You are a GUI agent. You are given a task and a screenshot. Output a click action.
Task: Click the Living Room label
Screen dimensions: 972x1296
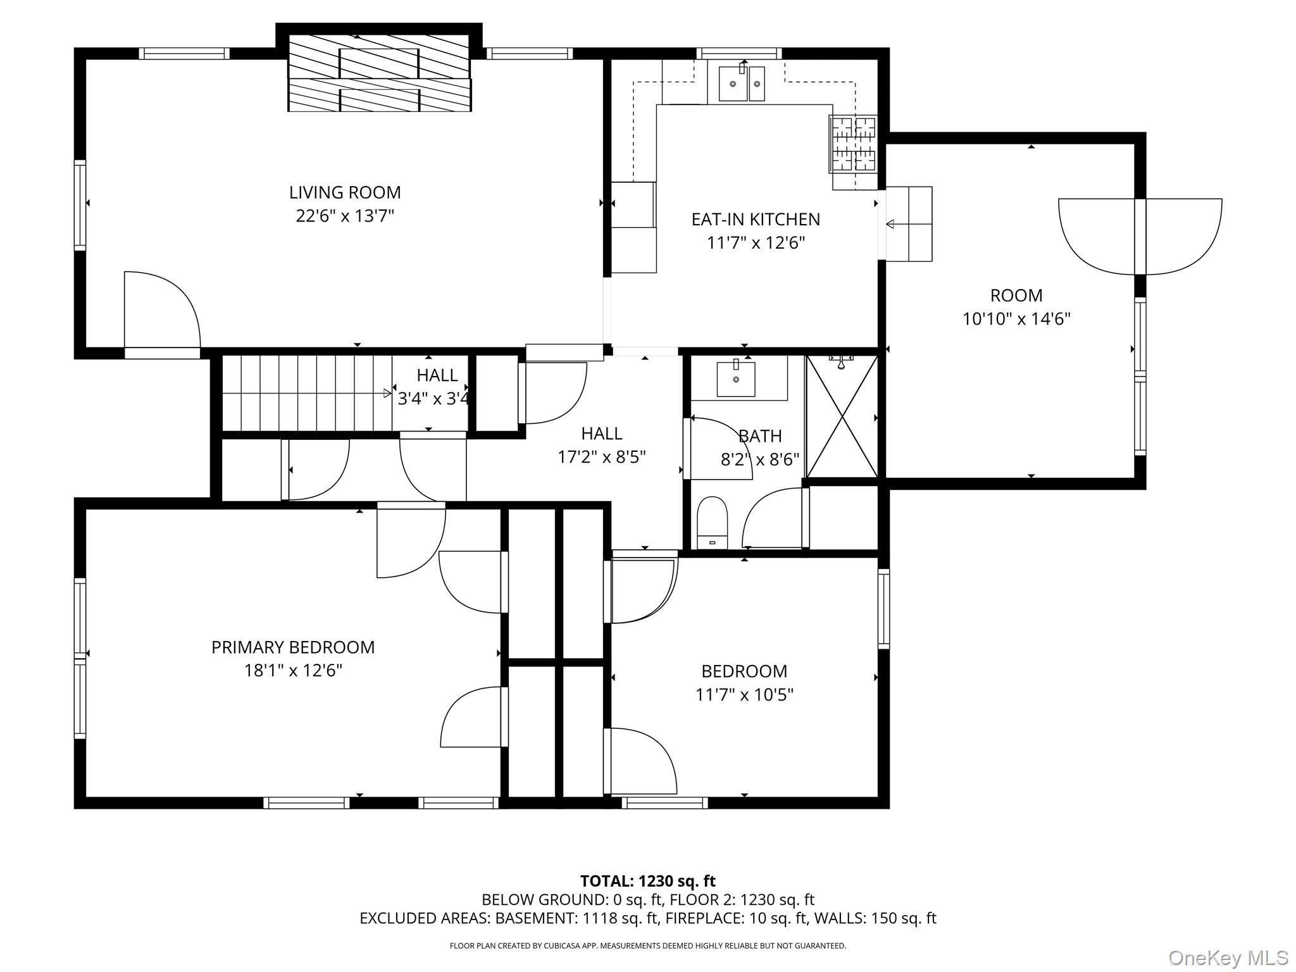(x=345, y=192)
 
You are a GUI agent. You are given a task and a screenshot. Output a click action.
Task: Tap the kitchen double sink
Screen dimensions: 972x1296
(x=742, y=84)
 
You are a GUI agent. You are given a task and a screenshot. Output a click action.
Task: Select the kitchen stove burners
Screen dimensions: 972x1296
(x=853, y=144)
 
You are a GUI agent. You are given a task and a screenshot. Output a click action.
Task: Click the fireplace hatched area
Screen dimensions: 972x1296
(x=380, y=73)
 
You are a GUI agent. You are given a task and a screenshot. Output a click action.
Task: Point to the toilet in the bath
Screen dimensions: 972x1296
(x=712, y=521)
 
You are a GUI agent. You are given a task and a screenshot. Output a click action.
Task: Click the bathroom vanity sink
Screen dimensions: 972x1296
(x=736, y=378)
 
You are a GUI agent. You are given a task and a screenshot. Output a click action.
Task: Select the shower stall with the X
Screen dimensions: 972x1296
(x=842, y=416)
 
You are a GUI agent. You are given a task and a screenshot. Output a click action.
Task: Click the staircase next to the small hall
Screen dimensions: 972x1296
(x=307, y=393)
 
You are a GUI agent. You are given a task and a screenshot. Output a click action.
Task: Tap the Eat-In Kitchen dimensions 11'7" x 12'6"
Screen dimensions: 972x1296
(x=756, y=243)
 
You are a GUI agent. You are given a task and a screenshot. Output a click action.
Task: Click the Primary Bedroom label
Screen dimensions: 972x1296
(x=293, y=647)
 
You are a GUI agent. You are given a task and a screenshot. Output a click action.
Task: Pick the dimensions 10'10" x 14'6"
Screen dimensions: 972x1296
(x=1016, y=319)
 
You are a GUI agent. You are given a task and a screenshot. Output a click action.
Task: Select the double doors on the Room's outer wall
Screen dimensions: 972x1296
(x=1140, y=237)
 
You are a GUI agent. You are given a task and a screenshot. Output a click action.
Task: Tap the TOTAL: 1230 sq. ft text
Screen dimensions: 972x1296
(x=647, y=881)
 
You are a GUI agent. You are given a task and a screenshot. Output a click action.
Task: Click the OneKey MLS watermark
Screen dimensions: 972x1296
(x=1228, y=957)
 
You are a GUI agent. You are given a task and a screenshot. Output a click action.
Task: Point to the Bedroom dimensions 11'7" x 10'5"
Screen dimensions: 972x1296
(x=744, y=695)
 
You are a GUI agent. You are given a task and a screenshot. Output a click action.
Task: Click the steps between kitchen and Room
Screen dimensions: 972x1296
(x=909, y=224)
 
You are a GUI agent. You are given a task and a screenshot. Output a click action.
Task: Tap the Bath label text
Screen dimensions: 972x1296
(x=760, y=436)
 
